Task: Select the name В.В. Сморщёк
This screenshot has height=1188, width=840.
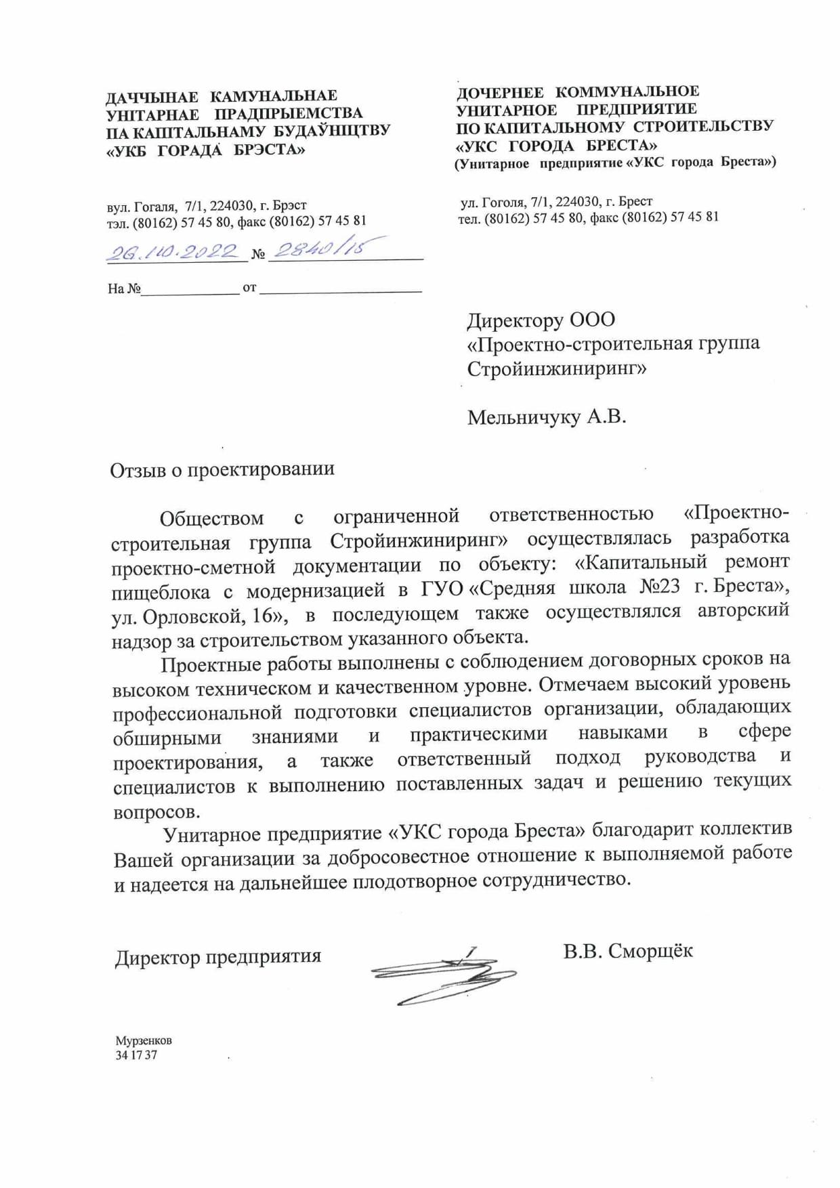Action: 627,950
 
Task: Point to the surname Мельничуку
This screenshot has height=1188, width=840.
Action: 524,417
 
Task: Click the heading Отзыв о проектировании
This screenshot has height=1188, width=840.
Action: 222,469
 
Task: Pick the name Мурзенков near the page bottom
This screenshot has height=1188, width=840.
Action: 144,1040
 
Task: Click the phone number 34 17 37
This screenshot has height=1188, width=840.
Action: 136,1055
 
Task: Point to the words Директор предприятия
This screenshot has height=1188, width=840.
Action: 217,956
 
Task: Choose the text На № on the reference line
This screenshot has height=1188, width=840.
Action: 124,289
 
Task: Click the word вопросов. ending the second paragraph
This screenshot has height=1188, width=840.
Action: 156,811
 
